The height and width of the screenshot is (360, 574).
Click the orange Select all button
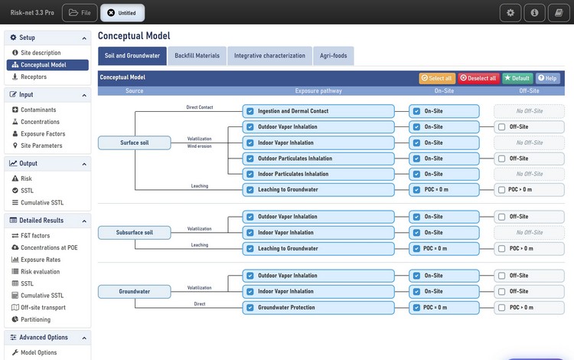tap(437, 78)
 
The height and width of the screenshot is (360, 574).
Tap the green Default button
tap(517, 78)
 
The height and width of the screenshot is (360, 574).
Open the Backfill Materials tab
tap(197, 56)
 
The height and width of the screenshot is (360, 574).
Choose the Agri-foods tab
tap(333, 56)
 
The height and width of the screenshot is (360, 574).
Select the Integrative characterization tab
tap(269, 56)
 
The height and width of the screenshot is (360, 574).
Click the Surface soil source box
tap(135, 142)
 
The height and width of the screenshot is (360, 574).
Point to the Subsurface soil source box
tap(135, 233)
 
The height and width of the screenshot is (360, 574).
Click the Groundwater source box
tap(135, 292)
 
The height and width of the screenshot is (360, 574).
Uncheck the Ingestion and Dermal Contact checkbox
tap(250, 111)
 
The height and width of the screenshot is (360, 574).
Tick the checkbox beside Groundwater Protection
tap(250, 308)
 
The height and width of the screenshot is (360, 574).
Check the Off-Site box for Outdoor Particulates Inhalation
tap(501, 159)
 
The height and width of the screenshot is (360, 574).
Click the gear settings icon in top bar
tap(510, 13)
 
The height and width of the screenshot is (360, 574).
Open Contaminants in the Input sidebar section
tap(38, 110)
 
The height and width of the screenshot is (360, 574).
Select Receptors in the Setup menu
tap(34, 77)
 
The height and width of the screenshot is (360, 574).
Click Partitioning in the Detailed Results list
tap(35, 319)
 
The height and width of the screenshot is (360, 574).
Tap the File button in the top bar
tap(80, 13)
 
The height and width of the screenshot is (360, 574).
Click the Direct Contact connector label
tap(200, 107)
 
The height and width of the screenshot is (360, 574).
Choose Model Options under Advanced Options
tap(39, 352)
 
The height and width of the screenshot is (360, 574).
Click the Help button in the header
tap(548, 78)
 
